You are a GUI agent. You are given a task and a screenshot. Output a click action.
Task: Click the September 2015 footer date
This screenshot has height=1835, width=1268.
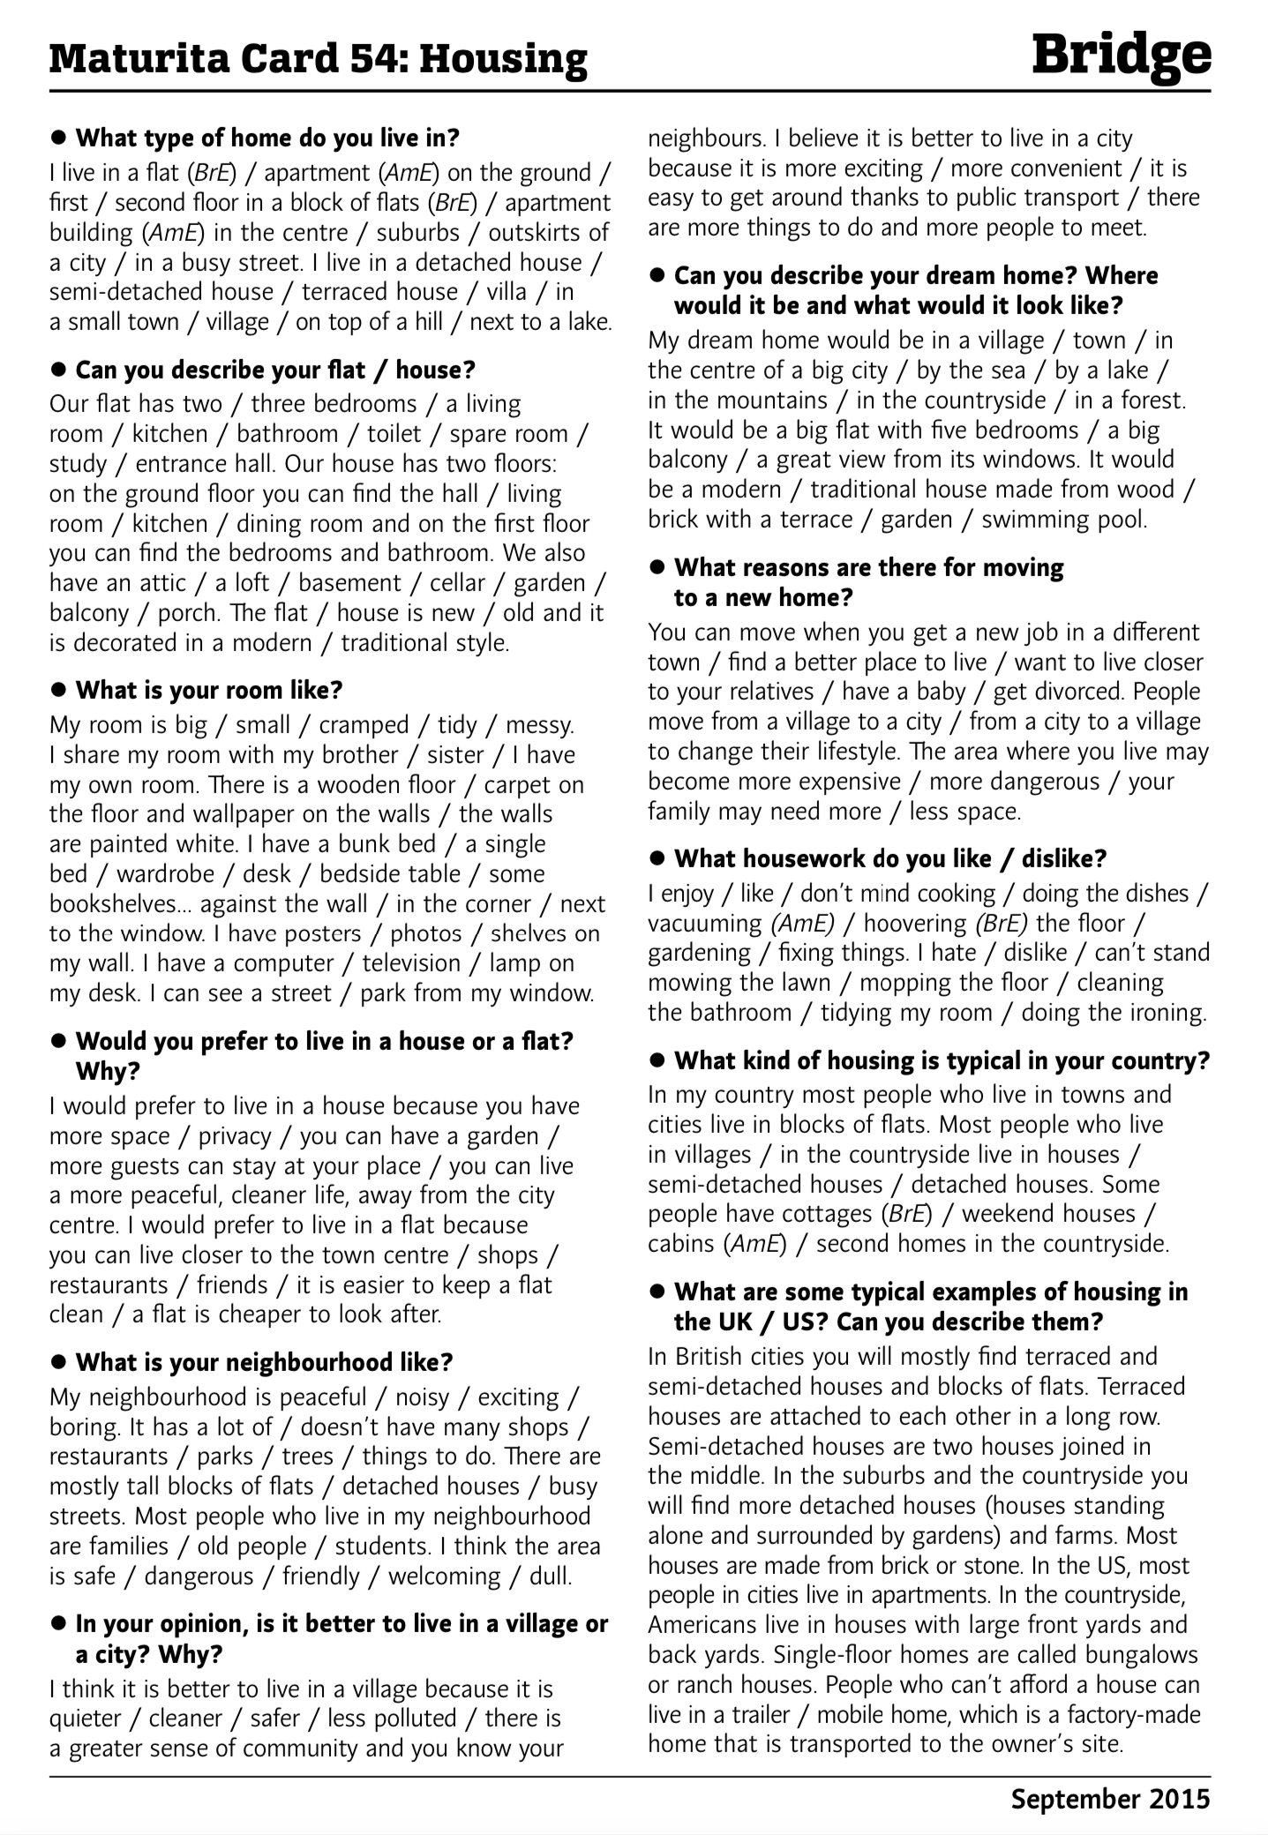pos(1110,1798)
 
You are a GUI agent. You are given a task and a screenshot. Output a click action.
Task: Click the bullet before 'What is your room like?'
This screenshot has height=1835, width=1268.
pos(59,689)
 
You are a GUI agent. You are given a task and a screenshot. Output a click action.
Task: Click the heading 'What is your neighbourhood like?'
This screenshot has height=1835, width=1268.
pos(264,1362)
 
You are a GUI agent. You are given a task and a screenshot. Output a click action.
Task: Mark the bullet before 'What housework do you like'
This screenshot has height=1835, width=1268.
pos(657,858)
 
